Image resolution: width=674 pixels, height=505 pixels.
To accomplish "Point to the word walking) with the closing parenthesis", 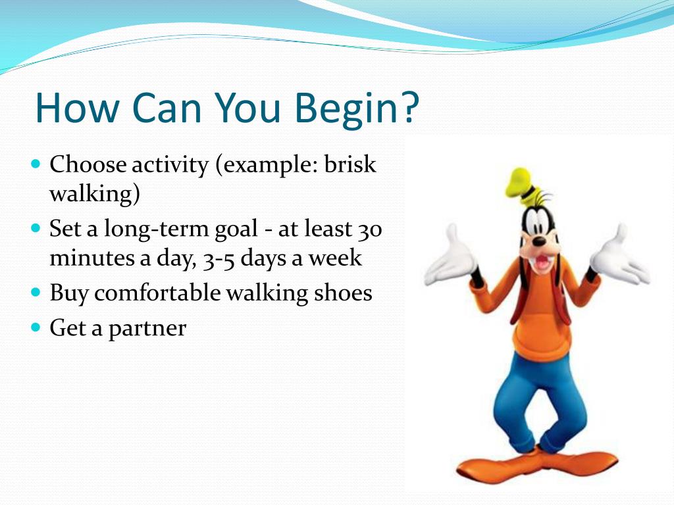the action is click(x=95, y=194).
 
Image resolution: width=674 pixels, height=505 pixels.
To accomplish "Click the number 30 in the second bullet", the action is click(x=370, y=229).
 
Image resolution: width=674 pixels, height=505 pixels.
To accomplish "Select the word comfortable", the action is click(x=157, y=293).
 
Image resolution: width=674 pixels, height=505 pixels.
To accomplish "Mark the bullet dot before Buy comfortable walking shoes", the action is click(x=36, y=293).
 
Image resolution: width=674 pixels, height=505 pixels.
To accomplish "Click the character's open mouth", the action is click(x=542, y=263).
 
